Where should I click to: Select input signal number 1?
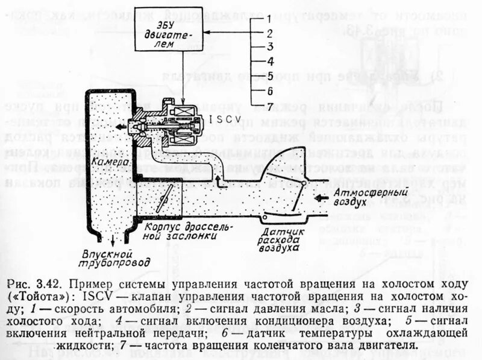(x=271, y=19)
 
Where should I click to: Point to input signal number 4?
(x=271, y=61)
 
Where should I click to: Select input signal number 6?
(x=271, y=91)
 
